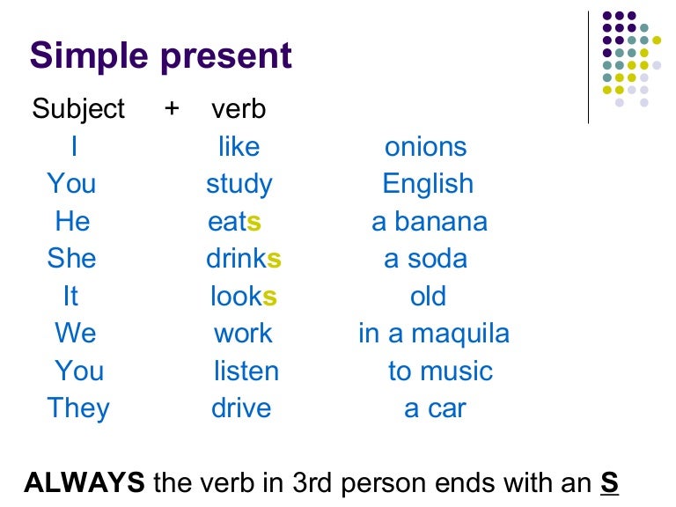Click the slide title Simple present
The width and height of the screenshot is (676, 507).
[160, 56]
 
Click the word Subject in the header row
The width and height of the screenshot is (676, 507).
[78, 109]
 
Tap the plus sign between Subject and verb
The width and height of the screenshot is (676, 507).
[172, 109]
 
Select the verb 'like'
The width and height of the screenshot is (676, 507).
[239, 147]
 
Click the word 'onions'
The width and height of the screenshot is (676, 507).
[426, 147]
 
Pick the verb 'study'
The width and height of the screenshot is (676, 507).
[239, 184]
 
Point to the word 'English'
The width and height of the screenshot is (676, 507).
[428, 184]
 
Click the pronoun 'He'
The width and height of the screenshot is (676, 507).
[72, 221]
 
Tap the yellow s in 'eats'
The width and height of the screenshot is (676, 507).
[255, 222]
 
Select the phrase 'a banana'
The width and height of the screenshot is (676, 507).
[430, 221]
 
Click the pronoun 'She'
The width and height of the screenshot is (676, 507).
[72, 259]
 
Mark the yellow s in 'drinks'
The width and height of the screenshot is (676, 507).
[274, 260]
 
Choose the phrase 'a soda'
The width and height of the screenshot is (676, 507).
[426, 259]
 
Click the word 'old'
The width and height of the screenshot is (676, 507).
[428, 296]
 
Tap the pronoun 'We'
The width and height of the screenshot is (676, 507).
[75, 334]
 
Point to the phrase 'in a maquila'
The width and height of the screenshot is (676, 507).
[433, 334]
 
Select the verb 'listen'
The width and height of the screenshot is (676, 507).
[246, 371]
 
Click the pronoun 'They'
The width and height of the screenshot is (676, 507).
[78, 408]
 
